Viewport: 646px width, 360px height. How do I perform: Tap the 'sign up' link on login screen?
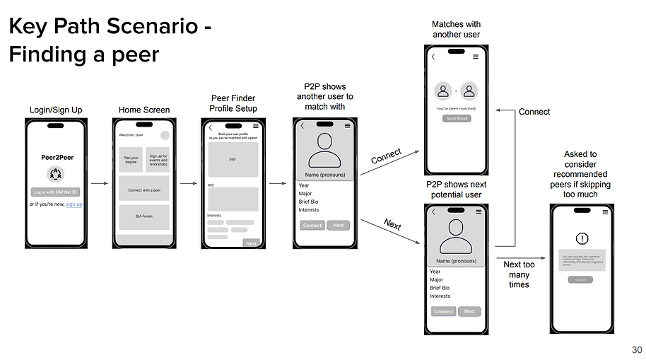click(x=74, y=204)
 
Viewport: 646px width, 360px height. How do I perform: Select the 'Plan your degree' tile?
click(x=130, y=161)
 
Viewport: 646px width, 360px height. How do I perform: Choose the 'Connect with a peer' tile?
click(x=143, y=190)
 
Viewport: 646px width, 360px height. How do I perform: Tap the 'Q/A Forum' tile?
click(x=143, y=217)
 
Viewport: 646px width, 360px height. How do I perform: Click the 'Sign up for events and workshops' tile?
click(x=158, y=161)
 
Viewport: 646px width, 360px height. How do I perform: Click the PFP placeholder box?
click(x=233, y=160)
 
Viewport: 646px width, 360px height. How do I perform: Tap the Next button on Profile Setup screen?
click(x=251, y=243)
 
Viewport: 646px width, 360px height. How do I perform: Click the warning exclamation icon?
click(x=582, y=238)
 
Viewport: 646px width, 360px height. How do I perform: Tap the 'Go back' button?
click(x=580, y=279)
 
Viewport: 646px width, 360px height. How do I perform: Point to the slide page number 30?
click(x=637, y=349)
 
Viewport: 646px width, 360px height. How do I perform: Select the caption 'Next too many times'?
click(x=519, y=274)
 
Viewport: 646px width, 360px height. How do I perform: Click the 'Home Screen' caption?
click(x=143, y=110)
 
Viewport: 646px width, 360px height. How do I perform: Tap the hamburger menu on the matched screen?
click(x=475, y=57)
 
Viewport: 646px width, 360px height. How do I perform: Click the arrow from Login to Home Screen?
click(x=100, y=184)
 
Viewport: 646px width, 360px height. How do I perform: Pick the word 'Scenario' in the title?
click(x=148, y=28)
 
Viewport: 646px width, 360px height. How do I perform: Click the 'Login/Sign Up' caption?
click(x=56, y=110)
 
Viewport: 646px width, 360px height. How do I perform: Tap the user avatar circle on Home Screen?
click(x=165, y=135)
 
